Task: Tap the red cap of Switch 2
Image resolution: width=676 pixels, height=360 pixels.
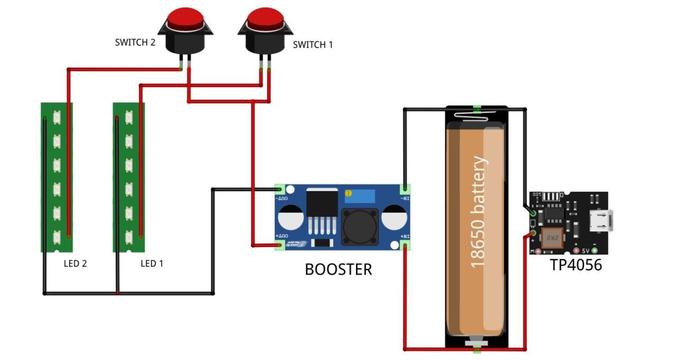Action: tap(185, 17)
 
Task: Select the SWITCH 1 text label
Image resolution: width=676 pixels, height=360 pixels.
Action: tap(313, 45)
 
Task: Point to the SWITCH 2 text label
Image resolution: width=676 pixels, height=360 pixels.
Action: tap(135, 42)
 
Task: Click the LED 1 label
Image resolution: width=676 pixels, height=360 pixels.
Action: tap(152, 263)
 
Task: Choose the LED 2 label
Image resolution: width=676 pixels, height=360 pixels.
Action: tap(76, 263)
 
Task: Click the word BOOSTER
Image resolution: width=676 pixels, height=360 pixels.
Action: tap(338, 269)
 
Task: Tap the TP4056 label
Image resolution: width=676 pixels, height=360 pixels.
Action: tap(576, 264)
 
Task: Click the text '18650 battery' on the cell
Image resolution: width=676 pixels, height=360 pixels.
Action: tap(477, 211)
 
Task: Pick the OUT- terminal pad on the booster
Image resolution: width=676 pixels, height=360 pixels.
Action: tap(280, 189)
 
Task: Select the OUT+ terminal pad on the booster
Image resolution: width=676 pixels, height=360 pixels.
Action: tap(280, 245)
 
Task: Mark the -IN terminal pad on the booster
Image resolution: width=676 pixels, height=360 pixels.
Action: tap(406, 188)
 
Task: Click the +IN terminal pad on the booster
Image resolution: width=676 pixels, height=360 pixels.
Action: tap(406, 245)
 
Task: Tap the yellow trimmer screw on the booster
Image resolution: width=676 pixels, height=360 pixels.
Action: tap(349, 194)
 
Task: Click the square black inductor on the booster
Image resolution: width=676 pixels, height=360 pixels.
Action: tap(360, 226)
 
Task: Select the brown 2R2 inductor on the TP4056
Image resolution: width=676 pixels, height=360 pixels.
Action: tap(554, 239)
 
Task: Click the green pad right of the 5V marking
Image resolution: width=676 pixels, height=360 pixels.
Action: tap(595, 251)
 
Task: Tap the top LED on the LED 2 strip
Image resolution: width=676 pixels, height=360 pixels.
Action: tap(57, 117)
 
